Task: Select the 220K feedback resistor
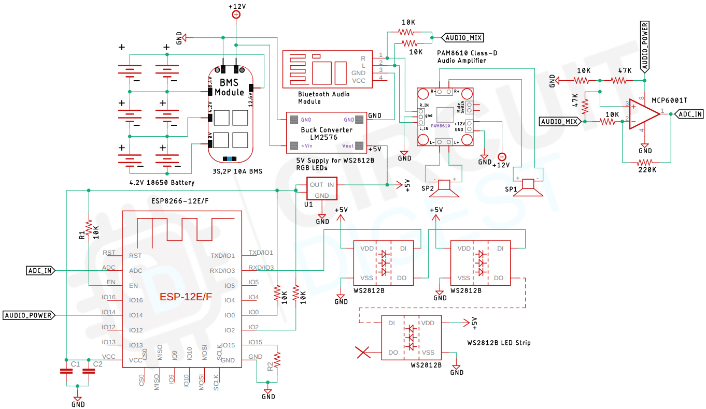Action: click(x=646, y=163)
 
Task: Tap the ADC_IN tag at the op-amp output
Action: click(x=690, y=114)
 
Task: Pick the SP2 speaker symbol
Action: click(x=445, y=188)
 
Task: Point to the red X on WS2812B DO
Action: click(x=364, y=353)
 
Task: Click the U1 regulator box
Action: click(x=321, y=189)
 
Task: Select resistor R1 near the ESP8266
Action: click(x=89, y=228)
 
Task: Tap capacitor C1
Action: click(x=66, y=371)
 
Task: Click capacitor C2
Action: click(x=88, y=371)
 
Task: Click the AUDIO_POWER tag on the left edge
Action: click(x=29, y=315)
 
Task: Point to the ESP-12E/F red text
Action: click(x=186, y=297)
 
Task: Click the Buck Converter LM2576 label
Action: click(x=327, y=134)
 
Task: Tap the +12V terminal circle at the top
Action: click(x=236, y=15)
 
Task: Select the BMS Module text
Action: click(x=229, y=87)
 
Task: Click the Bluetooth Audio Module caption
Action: click(x=323, y=97)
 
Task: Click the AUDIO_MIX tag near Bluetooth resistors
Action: click(x=462, y=38)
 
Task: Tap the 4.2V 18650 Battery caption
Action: click(x=162, y=182)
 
